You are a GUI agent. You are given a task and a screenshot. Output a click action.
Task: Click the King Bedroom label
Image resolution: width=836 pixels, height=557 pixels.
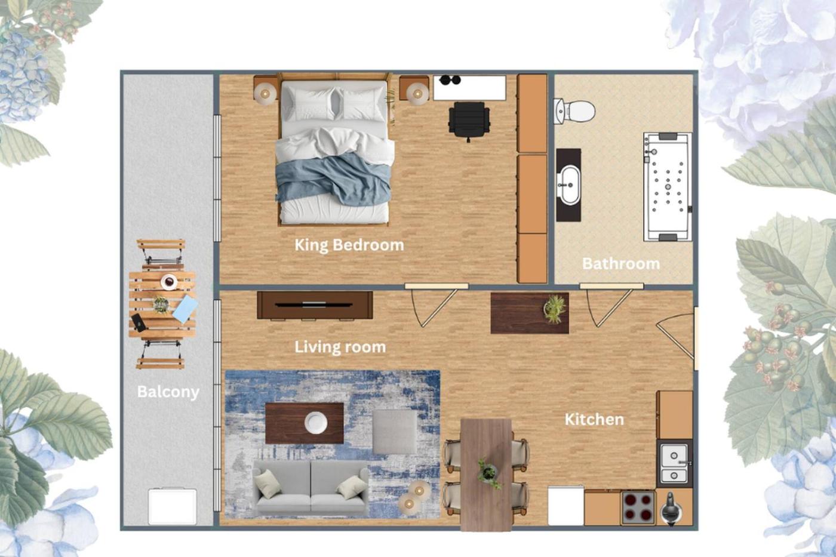pyautogui.click(x=349, y=245)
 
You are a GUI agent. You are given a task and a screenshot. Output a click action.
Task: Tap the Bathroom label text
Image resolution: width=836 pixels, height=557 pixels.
pyautogui.click(x=621, y=264)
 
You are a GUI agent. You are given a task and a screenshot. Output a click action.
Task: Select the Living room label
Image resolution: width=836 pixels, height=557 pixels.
pyautogui.click(x=340, y=347)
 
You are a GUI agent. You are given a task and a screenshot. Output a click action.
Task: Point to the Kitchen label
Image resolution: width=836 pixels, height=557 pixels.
pyautogui.click(x=594, y=419)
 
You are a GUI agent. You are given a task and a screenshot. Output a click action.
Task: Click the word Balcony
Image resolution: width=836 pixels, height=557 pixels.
pyautogui.click(x=168, y=392)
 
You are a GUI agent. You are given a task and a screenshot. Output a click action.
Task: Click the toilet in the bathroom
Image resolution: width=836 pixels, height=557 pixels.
pyautogui.click(x=574, y=111)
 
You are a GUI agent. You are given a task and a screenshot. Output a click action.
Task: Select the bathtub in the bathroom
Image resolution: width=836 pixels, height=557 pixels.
pyautogui.click(x=668, y=186)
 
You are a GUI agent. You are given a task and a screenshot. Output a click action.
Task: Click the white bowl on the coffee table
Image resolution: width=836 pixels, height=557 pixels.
pyautogui.click(x=316, y=423)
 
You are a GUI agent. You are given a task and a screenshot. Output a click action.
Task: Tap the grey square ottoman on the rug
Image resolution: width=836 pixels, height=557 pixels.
pyautogui.click(x=395, y=432)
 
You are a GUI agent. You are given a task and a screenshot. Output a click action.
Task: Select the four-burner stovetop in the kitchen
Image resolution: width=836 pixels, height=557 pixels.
pyautogui.click(x=638, y=508)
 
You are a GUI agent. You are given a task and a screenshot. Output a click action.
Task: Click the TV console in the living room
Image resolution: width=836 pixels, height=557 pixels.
pyautogui.click(x=315, y=305)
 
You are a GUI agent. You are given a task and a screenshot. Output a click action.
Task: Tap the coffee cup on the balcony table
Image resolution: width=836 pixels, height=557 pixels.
pyautogui.click(x=169, y=282)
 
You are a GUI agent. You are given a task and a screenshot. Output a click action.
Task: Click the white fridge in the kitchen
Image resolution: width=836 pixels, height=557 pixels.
pyautogui.click(x=566, y=506)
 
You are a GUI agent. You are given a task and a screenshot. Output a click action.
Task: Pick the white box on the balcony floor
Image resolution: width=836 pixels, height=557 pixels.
pyautogui.click(x=173, y=507)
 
